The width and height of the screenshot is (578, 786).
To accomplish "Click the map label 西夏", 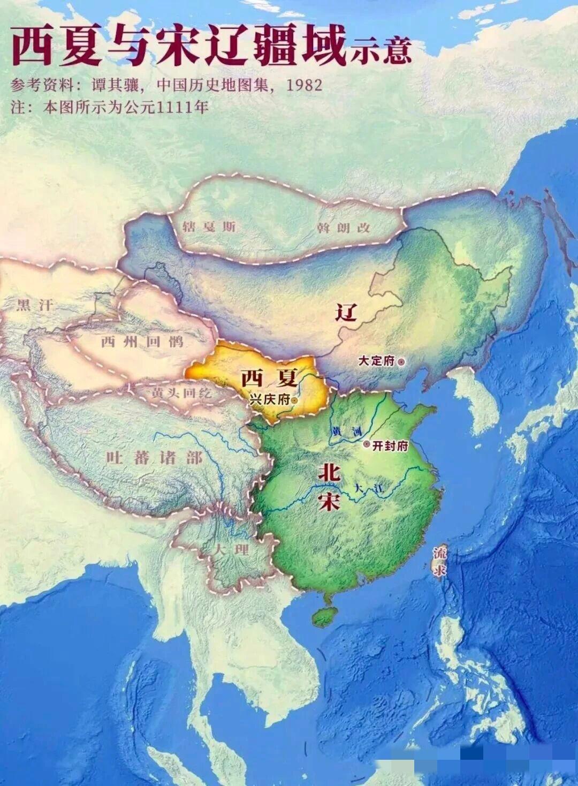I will point(269,378).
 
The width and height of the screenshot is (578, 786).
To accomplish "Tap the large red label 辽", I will point(346,311).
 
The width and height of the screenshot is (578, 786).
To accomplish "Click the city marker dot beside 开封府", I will point(367,444).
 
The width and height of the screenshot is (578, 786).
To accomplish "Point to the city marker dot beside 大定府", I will point(402,361).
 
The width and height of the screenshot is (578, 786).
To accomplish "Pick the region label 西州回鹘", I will point(142,342).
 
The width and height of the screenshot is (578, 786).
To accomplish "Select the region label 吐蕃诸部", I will point(154,458).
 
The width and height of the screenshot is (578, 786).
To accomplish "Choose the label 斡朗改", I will point(343,228).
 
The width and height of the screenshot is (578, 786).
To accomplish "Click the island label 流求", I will point(440,561).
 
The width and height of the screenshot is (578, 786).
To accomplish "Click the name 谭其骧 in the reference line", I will point(118,85).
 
